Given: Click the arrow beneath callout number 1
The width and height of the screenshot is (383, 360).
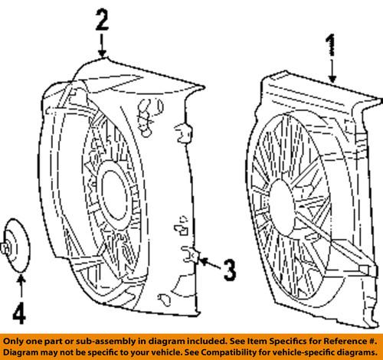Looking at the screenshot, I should (332, 72).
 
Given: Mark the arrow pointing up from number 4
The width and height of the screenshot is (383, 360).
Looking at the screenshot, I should (21, 290).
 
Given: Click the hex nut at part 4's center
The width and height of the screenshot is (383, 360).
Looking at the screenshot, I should (7, 247).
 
